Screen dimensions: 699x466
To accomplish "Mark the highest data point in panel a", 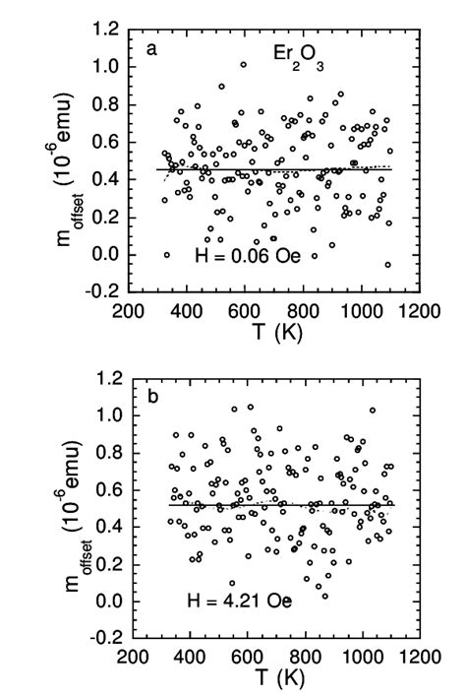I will click(x=243, y=64).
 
